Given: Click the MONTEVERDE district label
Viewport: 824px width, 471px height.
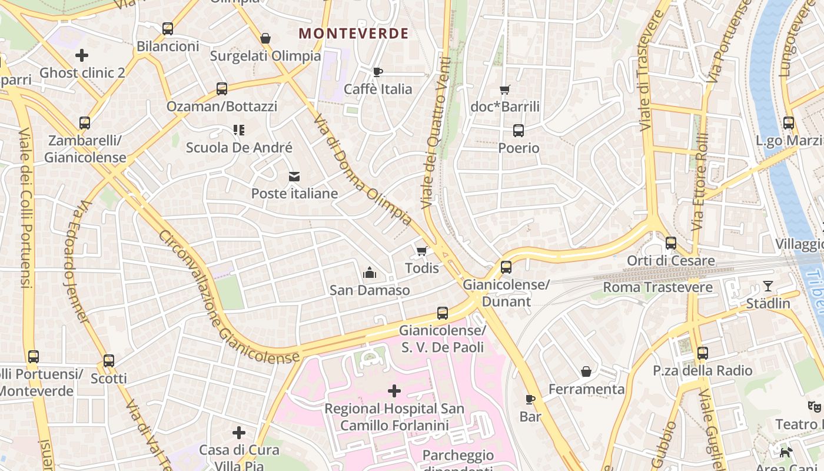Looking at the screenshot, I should pyautogui.click(x=353, y=34).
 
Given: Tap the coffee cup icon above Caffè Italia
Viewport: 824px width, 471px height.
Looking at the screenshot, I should pyautogui.click(x=378, y=72).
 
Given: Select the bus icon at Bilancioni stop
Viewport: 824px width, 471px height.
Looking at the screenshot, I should pyautogui.click(x=168, y=28).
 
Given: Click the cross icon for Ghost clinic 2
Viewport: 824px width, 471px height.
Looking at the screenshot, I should pyautogui.click(x=82, y=55).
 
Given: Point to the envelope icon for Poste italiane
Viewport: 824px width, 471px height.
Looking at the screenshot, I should pyautogui.click(x=294, y=177).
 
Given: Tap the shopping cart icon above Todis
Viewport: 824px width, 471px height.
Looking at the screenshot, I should pyautogui.click(x=421, y=251).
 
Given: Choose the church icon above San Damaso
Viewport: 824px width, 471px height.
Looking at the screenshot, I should pyautogui.click(x=370, y=273).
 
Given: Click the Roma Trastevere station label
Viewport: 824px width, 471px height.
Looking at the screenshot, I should pyautogui.click(x=657, y=287).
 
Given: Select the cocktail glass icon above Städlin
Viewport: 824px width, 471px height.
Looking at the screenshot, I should pyautogui.click(x=768, y=286).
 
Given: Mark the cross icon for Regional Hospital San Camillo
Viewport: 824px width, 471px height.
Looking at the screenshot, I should pyautogui.click(x=394, y=391).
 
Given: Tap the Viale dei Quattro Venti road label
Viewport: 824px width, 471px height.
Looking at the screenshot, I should pyautogui.click(x=436, y=132).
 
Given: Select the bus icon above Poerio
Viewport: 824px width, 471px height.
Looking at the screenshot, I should pyautogui.click(x=519, y=131).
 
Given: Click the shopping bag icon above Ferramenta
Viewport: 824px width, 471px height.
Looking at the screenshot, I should pyautogui.click(x=586, y=372).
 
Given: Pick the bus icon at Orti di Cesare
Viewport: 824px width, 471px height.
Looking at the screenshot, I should pyautogui.click(x=671, y=243).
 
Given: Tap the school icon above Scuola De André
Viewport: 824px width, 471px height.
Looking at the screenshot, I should pyautogui.click(x=238, y=130).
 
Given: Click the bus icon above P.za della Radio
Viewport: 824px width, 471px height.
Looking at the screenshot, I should pyautogui.click(x=703, y=353).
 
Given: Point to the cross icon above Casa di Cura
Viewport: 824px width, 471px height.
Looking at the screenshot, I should pyautogui.click(x=239, y=433).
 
